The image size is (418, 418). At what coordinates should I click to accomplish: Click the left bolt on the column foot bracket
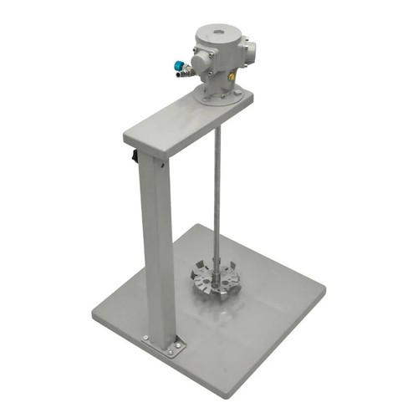pos(147,338)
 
